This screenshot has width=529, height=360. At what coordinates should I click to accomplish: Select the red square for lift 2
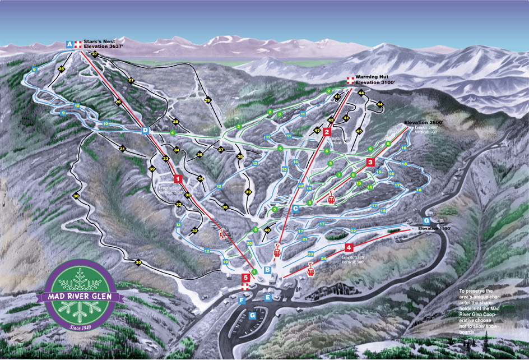point(326,132)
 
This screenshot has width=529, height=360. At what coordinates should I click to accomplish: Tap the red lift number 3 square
point(370,162)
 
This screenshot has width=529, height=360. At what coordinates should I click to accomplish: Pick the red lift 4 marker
point(349,247)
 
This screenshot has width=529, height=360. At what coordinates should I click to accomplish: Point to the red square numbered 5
point(245,277)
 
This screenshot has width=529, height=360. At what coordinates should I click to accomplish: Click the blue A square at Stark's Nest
point(69,44)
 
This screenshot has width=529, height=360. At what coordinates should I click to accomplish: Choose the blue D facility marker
point(145,131)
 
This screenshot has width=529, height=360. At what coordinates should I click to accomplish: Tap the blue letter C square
point(295,208)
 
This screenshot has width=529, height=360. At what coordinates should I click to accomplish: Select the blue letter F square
point(242,301)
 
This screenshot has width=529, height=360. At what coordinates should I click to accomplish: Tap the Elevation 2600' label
point(424,122)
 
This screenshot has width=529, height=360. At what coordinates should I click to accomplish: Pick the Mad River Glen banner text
point(79,297)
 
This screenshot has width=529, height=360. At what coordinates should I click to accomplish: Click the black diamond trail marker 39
point(248,192)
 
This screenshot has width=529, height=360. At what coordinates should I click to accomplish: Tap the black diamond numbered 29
point(207,100)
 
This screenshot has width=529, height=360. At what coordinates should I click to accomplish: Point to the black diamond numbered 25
point(61,68)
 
